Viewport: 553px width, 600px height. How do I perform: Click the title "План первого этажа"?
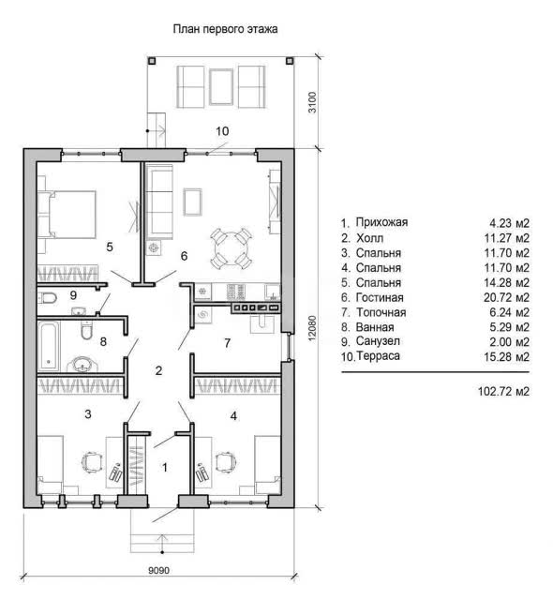(225, 29)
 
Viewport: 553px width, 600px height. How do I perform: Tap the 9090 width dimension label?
(158, 570)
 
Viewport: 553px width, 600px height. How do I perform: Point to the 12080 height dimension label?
(312, 328)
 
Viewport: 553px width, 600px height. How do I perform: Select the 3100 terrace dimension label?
(312, 102)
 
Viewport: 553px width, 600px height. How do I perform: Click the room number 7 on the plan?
(228, 342)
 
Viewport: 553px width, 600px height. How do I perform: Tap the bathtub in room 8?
(49, 346)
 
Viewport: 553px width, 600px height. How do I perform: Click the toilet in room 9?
(48, 297)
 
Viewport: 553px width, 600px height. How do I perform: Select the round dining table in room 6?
(231, 249)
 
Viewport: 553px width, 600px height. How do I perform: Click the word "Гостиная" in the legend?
(380, 297)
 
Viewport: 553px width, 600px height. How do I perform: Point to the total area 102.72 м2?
(503, 392)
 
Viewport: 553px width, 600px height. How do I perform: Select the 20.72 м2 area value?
(506, 297)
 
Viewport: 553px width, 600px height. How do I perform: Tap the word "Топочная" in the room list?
(381, 312)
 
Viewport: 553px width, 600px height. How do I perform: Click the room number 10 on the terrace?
(222, 131)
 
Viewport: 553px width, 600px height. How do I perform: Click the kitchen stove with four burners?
(235, 292)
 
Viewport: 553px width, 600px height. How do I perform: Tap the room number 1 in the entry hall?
(165, 467)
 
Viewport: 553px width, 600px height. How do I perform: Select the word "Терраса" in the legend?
(378, 356)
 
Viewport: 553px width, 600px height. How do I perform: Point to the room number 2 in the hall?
(158, 370)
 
